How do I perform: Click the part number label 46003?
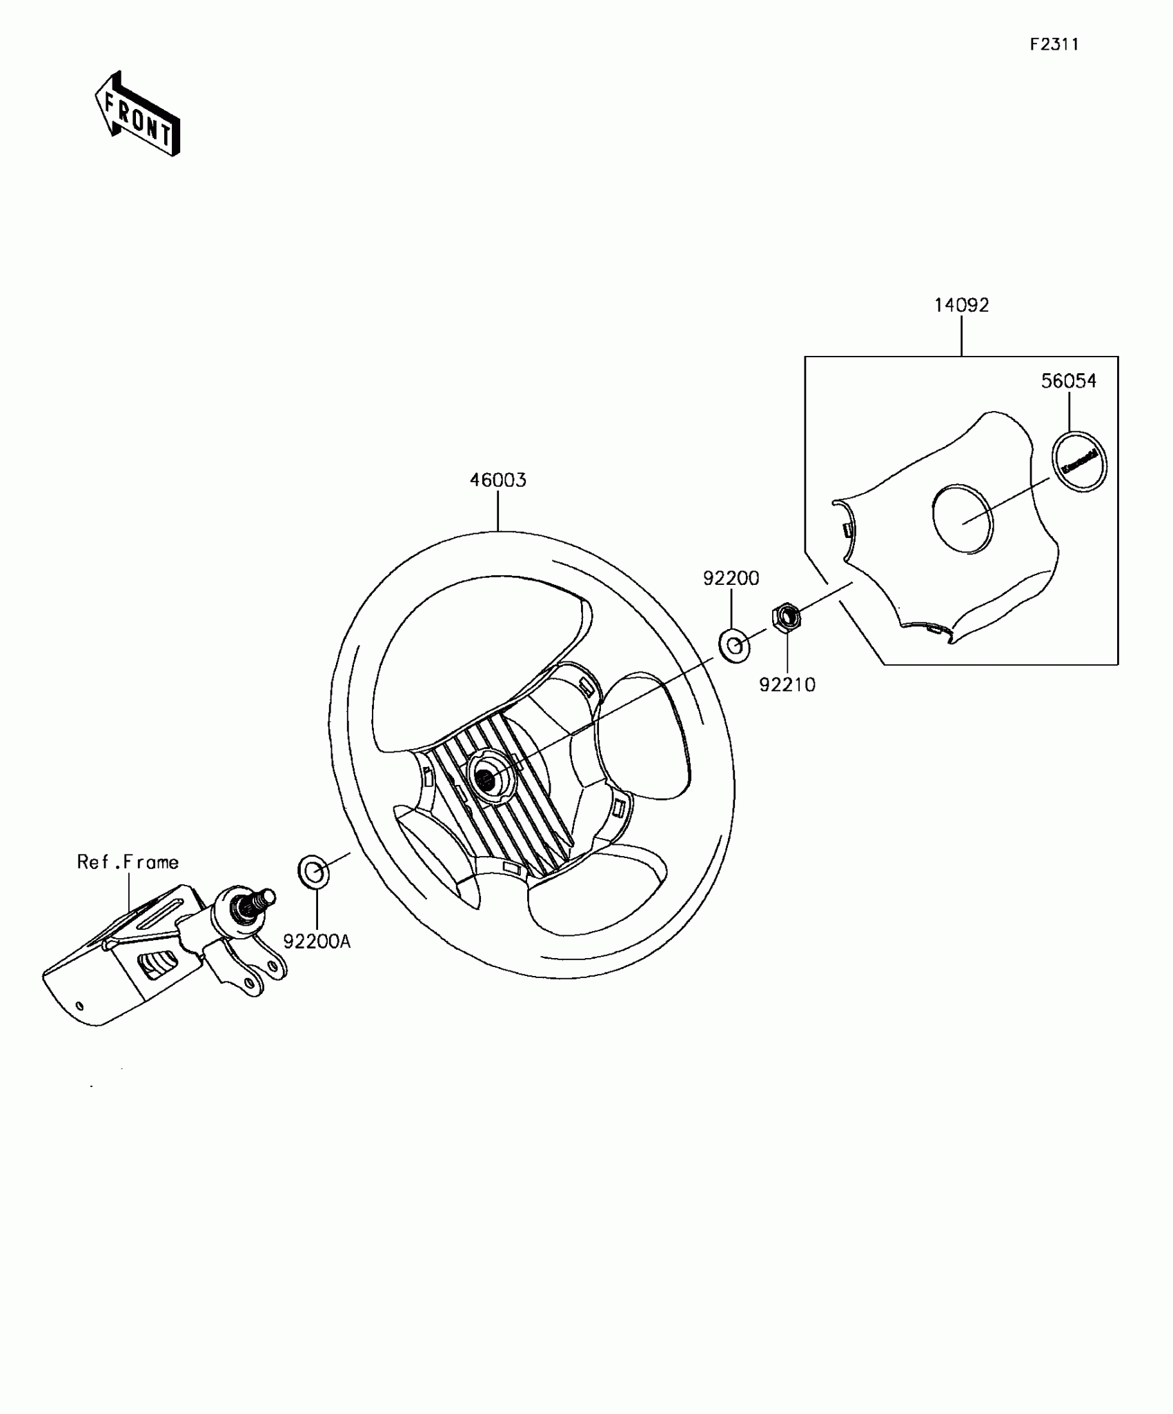(x=497, y=480)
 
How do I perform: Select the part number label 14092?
(x=961, y=305)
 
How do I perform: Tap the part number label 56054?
(x=1068, y=381)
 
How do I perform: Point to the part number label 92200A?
(x=317, y=941)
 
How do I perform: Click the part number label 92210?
(x=787, y=685)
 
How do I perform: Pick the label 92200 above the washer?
(x=731, y=578)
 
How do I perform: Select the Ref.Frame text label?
(x=128, y=862)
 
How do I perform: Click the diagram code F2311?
(x=1054, y=45)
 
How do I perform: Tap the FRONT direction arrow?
(x=137, y=114)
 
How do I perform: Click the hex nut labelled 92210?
(x=786, y=617)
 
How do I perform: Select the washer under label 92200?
(x=735, y=646)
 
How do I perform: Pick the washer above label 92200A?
(x=313, y=872)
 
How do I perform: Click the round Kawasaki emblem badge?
(x=1079, y=461)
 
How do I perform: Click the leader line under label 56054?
(x=1069, y=411)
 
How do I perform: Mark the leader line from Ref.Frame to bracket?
(x=128, y=893)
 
